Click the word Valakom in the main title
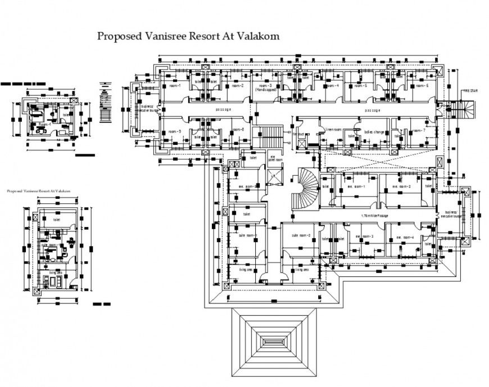click(256, 36)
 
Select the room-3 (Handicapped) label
click(265, 87)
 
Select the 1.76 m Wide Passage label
click(376, 216)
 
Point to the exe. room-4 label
click(404, 237)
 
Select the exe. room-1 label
click(356, 186)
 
